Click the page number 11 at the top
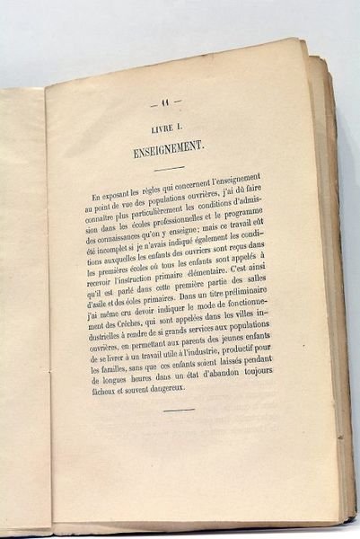166,102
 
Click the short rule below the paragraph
180,410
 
